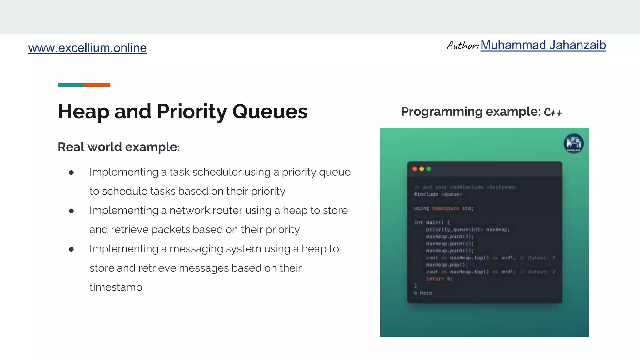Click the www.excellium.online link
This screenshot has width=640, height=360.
pos(87,48)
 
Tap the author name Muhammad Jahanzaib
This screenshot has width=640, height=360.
pos(543,45)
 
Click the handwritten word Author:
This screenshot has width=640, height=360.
pos(462,46)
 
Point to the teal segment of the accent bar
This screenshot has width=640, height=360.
pos(71,85)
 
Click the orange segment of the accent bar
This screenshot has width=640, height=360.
pos(97,85)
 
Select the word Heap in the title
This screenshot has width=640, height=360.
pos(83,112)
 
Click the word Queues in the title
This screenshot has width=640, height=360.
pos(270,112)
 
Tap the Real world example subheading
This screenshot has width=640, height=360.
pos(118,147)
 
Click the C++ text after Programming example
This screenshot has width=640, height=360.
pos(553,112)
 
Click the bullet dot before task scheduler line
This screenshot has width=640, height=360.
pos(71,172)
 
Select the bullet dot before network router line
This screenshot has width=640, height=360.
pos(71,211)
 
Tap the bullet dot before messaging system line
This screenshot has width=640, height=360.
pos(71,249)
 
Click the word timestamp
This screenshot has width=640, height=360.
pos(116,287)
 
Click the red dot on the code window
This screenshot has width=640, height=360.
pos(415,169)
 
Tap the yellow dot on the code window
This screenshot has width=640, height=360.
pos(422,169)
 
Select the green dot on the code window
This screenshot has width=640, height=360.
pos(429,169)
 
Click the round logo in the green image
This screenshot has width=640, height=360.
pos(573,143)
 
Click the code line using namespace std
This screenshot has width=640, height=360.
pos(443,208)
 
